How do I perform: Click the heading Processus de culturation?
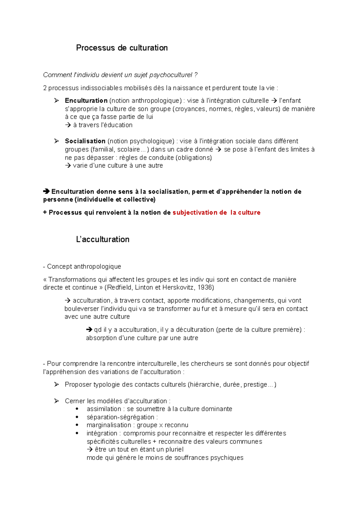(122, 48)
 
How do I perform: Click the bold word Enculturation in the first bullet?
(86, 101)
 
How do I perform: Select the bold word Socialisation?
(85, 141)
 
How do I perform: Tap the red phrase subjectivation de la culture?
(216, 213)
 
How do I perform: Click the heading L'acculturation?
(103, 240)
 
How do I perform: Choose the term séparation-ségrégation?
(120, 417)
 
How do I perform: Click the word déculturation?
(195, 330)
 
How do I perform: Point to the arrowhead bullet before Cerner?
(56, 401)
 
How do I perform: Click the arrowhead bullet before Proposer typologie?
(56, 385)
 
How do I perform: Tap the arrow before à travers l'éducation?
(68, 125)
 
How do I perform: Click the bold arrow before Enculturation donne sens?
(46, 192)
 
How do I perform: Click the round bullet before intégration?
(77, 433)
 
